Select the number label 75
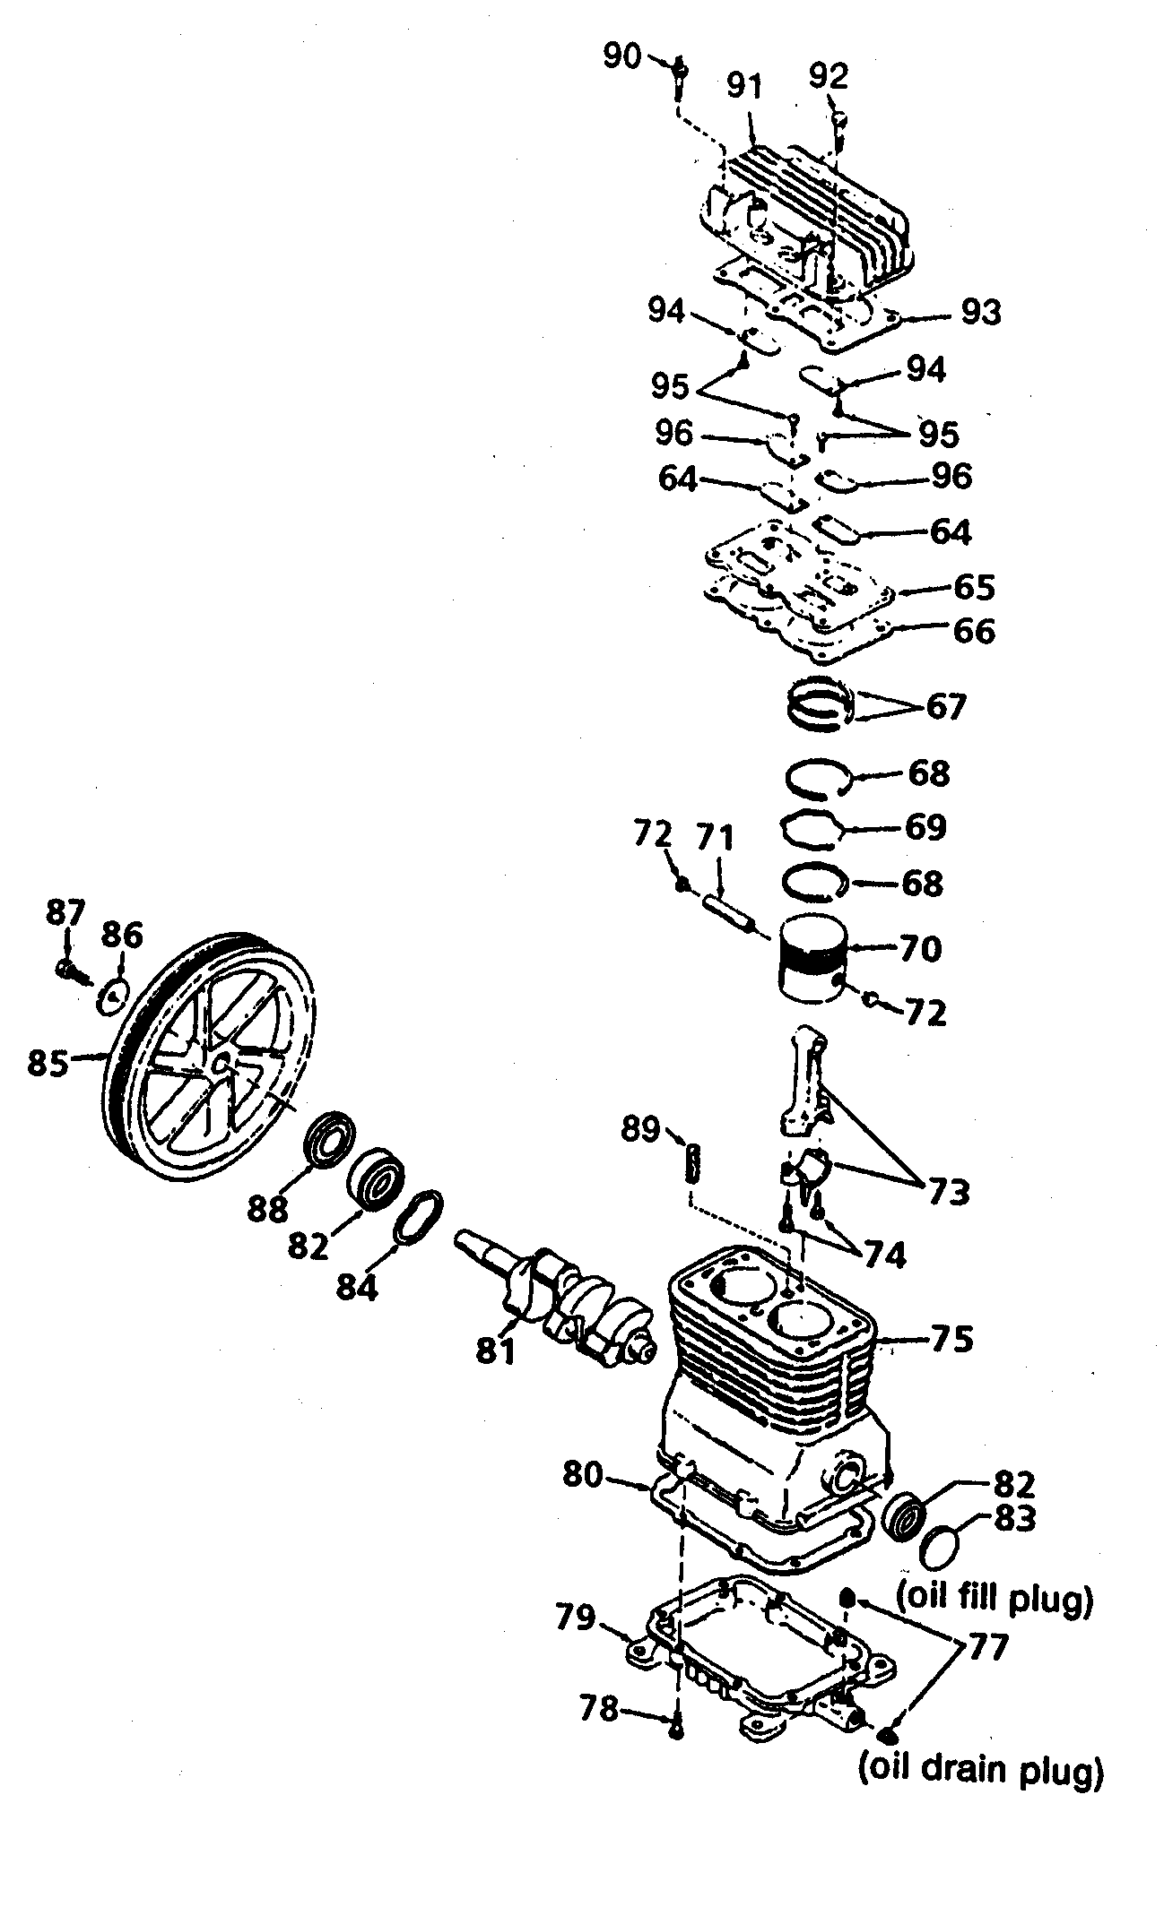click(x=951, y=1339)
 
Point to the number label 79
click(x=574, y=1617)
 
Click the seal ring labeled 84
click(x=419, y=1219)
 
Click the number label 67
click(x=945, y=707)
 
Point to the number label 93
click(x=981, y=313)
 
